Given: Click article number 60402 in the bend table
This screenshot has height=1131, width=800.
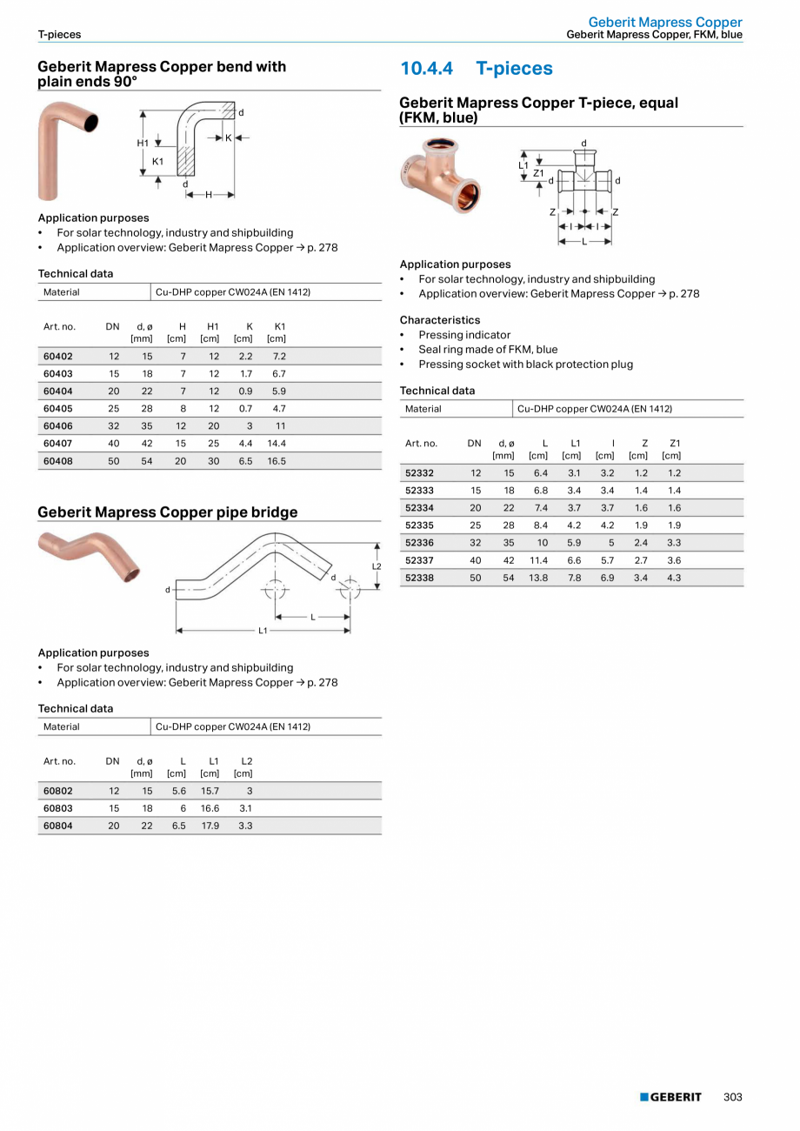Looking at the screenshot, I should tap(58, 356).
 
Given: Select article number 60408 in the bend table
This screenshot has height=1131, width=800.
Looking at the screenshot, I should tap(58, 461).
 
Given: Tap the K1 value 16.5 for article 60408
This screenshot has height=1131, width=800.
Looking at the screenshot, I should tap(277, 461).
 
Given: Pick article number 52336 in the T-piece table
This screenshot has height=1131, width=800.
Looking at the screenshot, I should tap(420, 542).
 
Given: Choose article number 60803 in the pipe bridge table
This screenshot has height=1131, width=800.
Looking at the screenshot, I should tap(58, 808).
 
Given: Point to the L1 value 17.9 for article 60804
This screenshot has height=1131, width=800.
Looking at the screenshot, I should tap(210, 826).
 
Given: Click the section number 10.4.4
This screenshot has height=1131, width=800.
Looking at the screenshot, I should tap(428, 69).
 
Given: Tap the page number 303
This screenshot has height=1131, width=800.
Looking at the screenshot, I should tap(733, 1097).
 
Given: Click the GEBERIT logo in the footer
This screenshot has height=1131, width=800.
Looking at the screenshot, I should tap(670, 1097).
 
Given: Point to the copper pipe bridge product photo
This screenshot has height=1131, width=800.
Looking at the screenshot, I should tap(90, 557).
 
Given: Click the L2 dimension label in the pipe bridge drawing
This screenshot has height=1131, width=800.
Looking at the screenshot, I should tap(377, 566).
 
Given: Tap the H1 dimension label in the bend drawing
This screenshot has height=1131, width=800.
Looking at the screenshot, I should tap(143, 143).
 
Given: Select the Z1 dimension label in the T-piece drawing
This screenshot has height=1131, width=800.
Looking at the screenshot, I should tap(538, 173).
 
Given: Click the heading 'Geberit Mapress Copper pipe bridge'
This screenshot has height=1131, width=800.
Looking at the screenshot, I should tap(167, 512).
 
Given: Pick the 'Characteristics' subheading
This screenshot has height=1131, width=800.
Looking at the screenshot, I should tap(439, 320).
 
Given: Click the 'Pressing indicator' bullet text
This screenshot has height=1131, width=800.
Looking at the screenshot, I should tap(464, 335).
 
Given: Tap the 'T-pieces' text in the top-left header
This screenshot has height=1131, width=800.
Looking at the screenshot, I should tap(59, 35).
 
